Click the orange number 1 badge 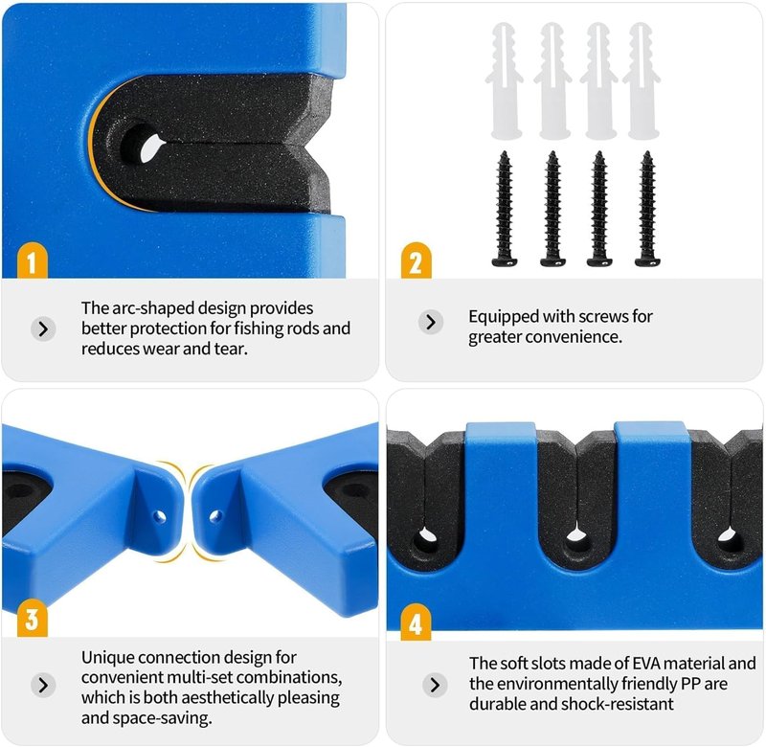click(33, 260)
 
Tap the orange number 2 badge click(416, 260)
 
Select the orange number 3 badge click(33, 618)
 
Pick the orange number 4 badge click(416, 622)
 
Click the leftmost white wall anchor click(505, 80)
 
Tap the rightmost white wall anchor click(642, 80)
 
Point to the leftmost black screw click(505, 209)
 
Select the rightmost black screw click(647, 209)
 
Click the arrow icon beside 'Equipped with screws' click(430, 322)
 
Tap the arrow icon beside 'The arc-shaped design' click(43, 328)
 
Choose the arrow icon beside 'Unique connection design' click(43, 685)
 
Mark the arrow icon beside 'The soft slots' click(435, 685)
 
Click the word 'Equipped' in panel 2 click(504, 317)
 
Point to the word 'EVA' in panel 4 click(646, 664)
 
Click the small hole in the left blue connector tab click(158, 516)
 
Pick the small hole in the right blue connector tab click(214, 516)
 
